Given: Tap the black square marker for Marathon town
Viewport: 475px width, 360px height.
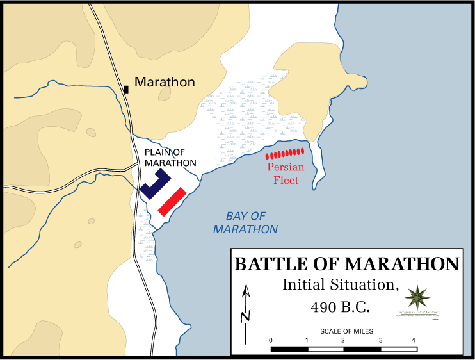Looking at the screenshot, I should tap(126, 89).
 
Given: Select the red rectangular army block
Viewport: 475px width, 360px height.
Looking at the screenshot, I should tap(172, 200).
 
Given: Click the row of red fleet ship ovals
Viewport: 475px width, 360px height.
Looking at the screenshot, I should tap(284, 154).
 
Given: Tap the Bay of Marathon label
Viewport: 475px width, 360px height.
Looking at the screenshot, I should tap(246, 222).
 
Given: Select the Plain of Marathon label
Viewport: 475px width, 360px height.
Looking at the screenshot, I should tap(170, 158).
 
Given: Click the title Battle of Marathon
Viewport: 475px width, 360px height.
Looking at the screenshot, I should tap(347, 265).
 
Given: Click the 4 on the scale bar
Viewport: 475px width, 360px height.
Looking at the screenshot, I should tap(414, 340).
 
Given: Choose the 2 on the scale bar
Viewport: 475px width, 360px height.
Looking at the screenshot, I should tap(343, 340).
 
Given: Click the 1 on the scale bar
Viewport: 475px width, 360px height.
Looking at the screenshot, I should tap(308, 340).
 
